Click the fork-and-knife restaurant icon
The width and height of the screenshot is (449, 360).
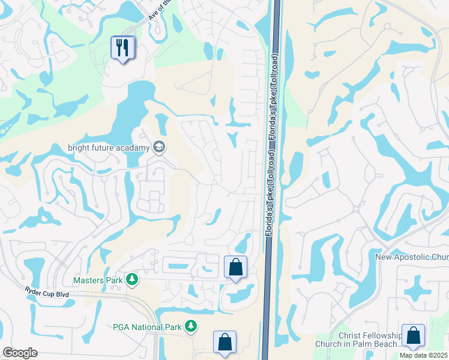pyautogui.click(x=123, y=48)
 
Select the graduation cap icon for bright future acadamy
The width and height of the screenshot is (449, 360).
pyautogui.click(x=159, y=146)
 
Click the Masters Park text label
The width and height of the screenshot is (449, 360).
pyautogui.click(x=97, y=280)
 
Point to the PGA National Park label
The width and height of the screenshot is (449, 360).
pyautogui.click(x=147, y=327)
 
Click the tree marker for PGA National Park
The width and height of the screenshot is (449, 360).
pyautogui.click(x=191, y=326)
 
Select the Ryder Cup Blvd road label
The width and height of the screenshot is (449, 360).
pyautogui.click(x=47, y=294)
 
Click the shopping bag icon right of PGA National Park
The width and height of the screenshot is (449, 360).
pyautogui.click(x=224, y=342)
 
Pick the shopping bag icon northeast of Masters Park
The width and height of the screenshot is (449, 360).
pyautogui.click(x=235, y=267)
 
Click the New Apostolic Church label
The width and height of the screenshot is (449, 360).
pyautogui.click(x=412, y=257)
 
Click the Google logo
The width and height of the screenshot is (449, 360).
pyautogui.click(x=20, y=353)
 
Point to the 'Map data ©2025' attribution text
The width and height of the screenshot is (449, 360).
pyautogui.click(x=423, y=355)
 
